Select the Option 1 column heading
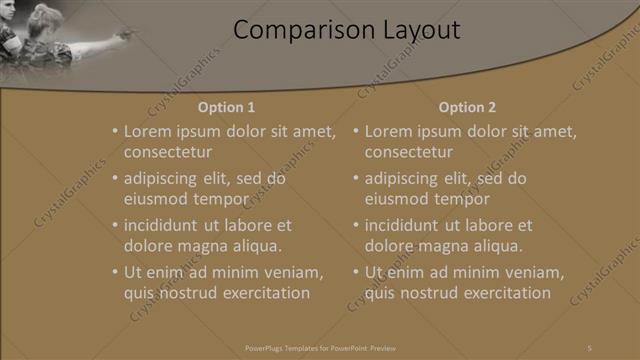226,107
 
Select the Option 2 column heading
467,107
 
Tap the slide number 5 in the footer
589,347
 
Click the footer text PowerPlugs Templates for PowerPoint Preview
321,347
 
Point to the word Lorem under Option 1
149,131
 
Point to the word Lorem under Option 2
390,131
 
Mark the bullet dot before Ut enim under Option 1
115,272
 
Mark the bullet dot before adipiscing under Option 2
356,179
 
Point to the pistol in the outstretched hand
124,35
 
